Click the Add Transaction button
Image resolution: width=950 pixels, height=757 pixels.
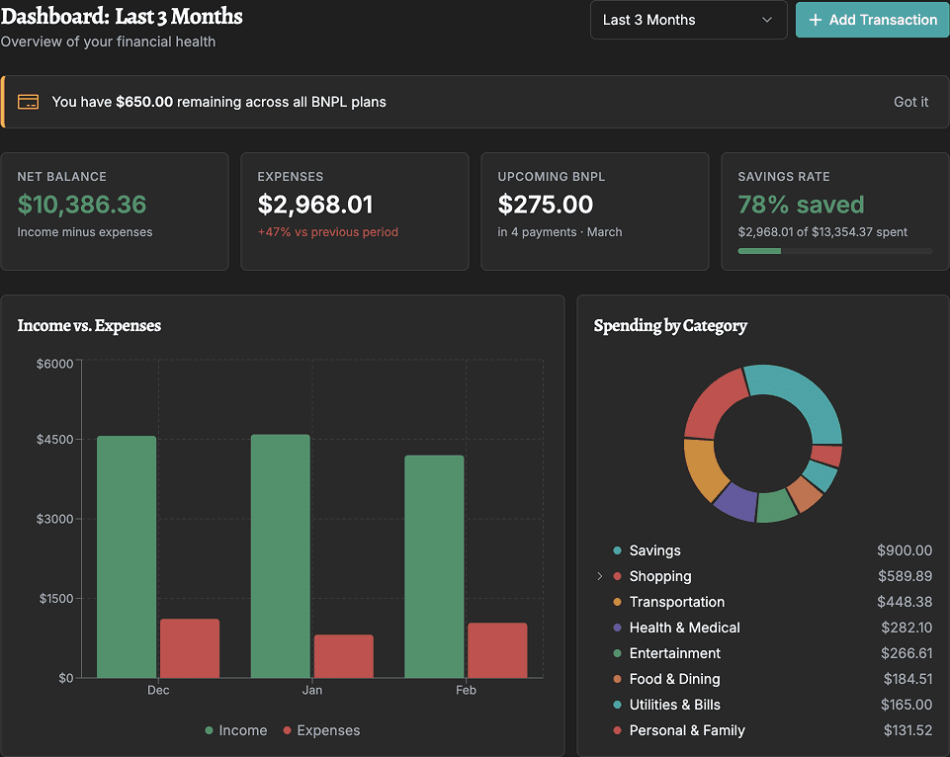[872, 20]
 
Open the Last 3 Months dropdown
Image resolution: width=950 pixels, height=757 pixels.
[688, 20]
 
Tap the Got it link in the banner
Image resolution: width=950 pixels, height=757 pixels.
[910, 102]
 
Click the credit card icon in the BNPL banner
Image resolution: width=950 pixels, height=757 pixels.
[29, 102]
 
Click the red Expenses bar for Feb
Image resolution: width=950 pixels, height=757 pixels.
[497, 649]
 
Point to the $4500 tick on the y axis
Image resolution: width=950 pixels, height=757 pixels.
[54, 441]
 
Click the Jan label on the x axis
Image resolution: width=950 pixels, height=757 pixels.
[312, 690]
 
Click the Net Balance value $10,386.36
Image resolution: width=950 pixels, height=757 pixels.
[82, 205]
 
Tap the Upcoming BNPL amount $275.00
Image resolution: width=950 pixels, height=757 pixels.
[546, 205]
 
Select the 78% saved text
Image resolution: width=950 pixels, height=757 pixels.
[801, 205]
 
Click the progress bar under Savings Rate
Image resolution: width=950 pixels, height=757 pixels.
[834, 251]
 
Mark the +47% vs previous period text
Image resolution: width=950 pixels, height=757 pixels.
[327, 232]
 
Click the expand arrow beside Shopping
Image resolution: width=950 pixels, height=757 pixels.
[599, 576]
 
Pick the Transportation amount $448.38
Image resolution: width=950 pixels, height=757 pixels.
[904, 602]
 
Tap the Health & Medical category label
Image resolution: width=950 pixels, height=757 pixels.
[684, 628]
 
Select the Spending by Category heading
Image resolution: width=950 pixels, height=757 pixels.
[670, 325]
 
